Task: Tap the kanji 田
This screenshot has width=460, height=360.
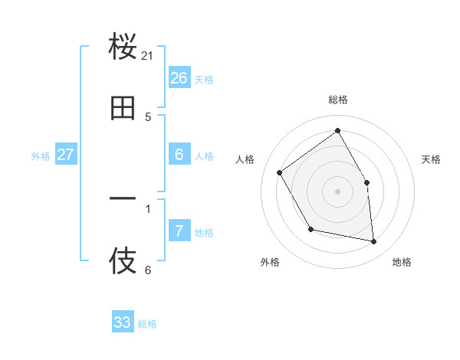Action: coord(123,108)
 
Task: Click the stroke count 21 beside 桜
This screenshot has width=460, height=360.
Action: coord(148,56)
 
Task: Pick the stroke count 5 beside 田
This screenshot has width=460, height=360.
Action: coord(148,117)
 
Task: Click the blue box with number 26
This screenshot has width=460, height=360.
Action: coord(179,78)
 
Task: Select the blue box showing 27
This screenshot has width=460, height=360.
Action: coord(65,155)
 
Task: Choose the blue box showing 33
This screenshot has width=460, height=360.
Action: coord(123,322)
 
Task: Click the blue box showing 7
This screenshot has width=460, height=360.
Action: coord(179,231)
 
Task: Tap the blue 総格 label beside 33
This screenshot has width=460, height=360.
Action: coord(147,324)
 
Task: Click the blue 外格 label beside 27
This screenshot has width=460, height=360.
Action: coord(41,156)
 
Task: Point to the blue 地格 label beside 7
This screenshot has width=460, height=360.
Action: coord(204,233)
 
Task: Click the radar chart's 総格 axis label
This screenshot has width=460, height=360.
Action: coord(337,100)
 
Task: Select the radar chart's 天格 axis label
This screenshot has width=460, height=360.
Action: coord(431,159)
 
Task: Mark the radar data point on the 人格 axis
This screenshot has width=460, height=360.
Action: coord(280,173)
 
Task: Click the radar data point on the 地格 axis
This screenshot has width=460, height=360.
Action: coord(374,241)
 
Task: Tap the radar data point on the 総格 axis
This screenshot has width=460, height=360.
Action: coord(337,131)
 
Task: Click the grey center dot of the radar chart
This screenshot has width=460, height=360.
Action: coord(337,191)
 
